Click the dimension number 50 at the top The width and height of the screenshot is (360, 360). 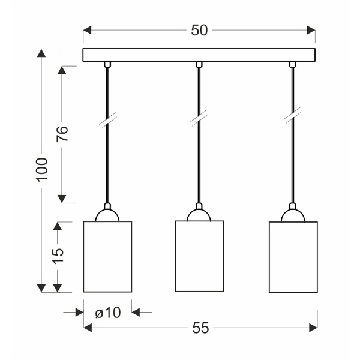pyautogui.click(x=199, y=30)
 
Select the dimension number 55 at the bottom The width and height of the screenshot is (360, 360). pyautogui.click(x=200, y=328)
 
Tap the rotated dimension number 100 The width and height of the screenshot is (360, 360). pyautogui.click(x=41, y=170)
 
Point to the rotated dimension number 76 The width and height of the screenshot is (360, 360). pyautogui.click(x=62, y=134)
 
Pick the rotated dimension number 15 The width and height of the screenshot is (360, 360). pyautogui.click(x=58, y=255)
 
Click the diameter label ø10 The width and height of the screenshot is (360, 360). pyautogui.click(x=107, y=312)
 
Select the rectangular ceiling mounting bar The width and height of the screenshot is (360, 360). pyautogui.click(x=199, y=55)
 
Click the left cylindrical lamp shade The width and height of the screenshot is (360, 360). pyautogui.click(x=107, y=257)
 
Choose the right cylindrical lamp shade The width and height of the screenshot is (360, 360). pyautogui.click(x=293, y=257)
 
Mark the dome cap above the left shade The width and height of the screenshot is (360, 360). pyautogui.click(x=107, y=215)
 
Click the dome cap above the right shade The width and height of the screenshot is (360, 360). pyautogui.click(x=293, y=215)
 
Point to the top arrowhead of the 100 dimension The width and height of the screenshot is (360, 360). pyautogui.click(x=41, y=53)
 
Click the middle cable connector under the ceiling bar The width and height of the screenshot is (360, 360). pyautogui.click(x=199, y=64)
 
